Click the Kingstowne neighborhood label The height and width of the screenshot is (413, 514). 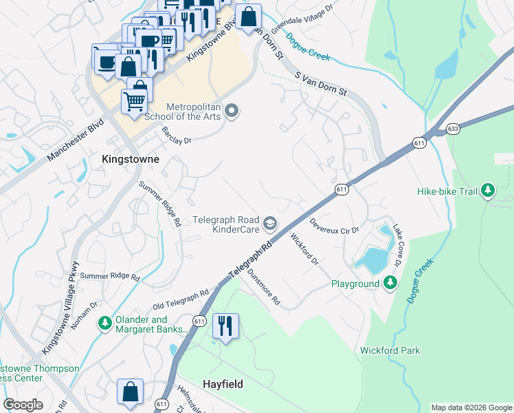(131, 159)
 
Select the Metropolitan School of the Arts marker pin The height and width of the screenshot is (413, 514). (232, 110)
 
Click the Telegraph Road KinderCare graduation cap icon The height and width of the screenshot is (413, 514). (271, 222)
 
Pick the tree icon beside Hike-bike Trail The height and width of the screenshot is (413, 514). (488, 189)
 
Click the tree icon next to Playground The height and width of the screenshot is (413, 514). (390, 283)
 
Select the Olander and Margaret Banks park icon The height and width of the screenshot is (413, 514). (104, 323)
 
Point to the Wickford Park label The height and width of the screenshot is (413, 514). (390, 350)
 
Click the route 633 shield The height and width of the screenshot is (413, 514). (453, 128)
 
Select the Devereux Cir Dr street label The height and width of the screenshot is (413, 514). (335, 226)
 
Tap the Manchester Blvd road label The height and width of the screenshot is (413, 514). (75, 141)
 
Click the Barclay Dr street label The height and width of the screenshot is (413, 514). (176, 134)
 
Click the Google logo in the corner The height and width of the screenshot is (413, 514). (23, 405)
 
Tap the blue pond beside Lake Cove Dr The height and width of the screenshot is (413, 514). (371, 258)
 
